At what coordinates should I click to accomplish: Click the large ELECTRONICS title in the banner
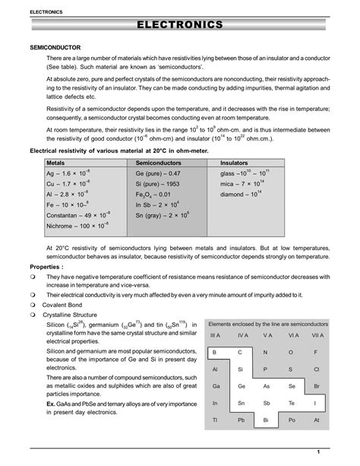click(x=180, y=26)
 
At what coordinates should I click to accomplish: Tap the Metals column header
click(x=56, y=163)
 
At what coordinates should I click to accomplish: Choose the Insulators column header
click(x=235, y=163)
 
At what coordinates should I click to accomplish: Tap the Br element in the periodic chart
click(x=316, y=386)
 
